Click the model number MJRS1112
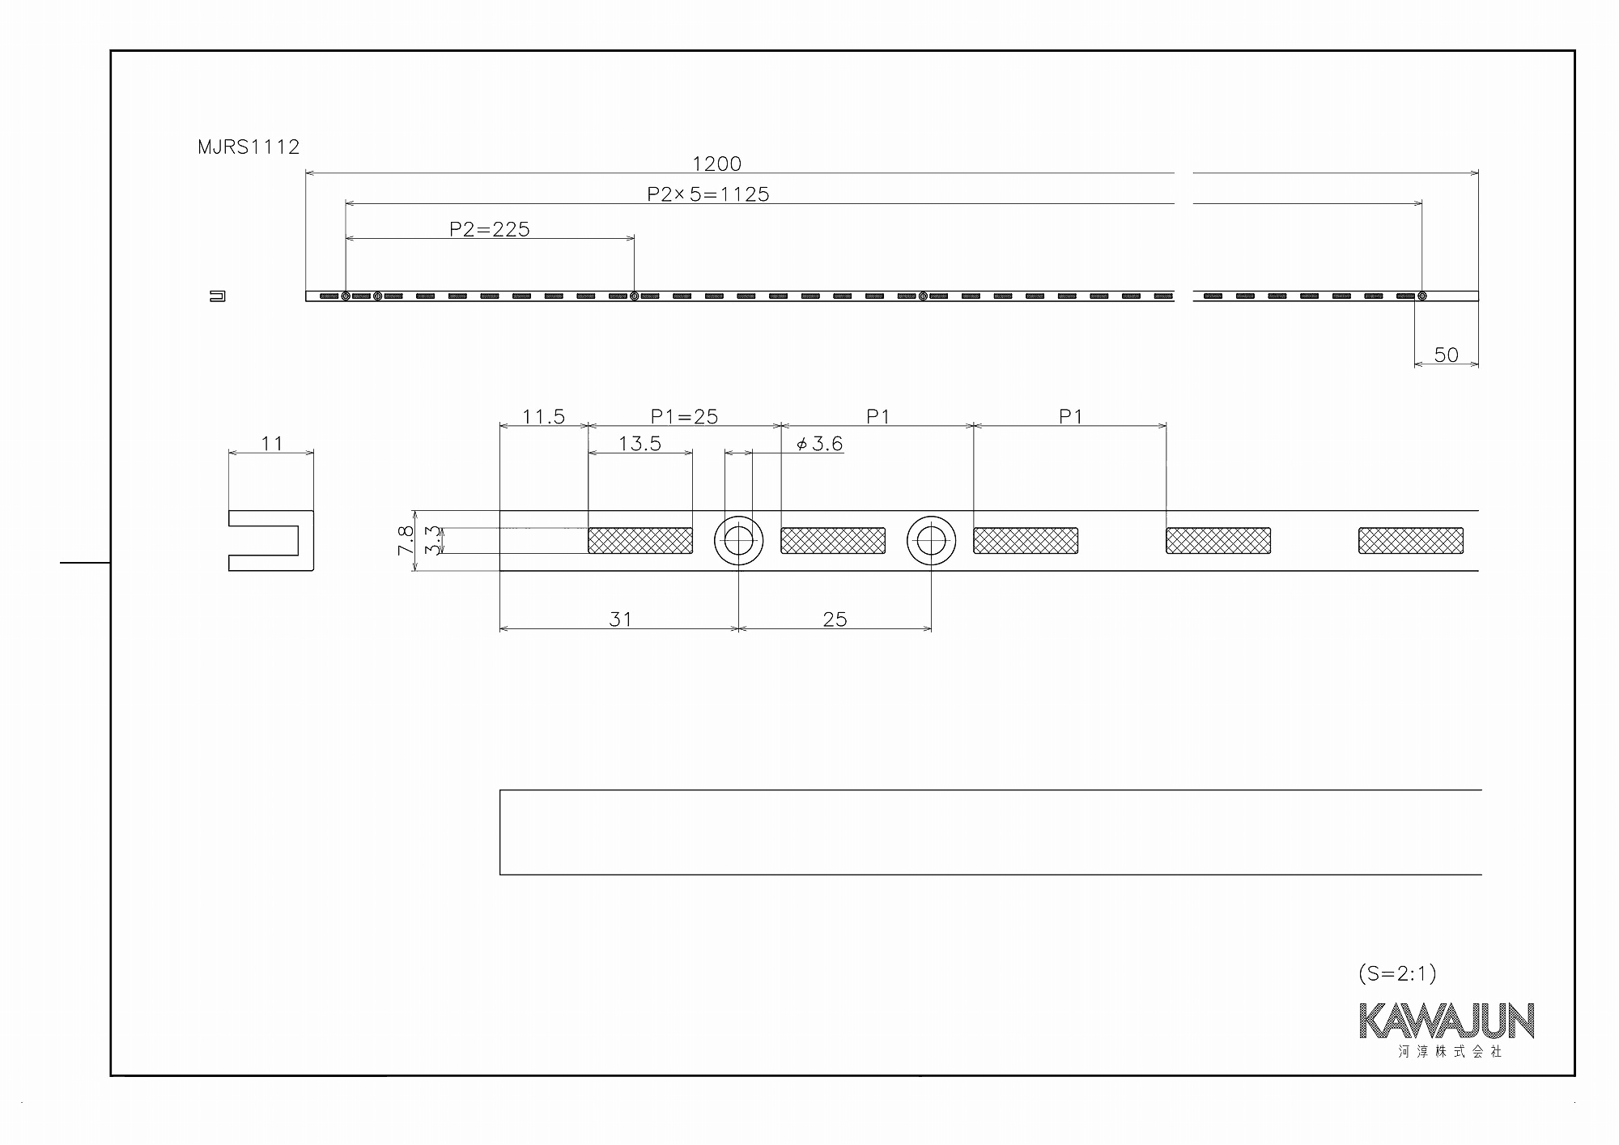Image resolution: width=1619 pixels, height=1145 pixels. (x=249, y=147)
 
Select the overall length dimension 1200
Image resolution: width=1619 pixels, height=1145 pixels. (x=717, y=164)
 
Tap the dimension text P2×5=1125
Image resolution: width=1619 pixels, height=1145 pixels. (x=708, y=194)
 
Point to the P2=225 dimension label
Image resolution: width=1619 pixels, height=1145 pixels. (x=490, y=229)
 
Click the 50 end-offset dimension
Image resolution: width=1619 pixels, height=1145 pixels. (x=1446, y=355)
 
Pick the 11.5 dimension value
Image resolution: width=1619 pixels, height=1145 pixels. (x=543, y=416)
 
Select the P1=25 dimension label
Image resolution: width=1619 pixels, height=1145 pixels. (x=684, y=416)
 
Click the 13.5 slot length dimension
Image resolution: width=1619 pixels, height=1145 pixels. (x=640, y=444)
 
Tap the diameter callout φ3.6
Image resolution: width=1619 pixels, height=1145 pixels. (x=819, y=444)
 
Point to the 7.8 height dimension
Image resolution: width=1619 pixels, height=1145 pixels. (x=406, y=540)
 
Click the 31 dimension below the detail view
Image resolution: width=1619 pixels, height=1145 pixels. (x=620, y=619)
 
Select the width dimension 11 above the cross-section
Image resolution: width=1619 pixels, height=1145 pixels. (x=271, y=444)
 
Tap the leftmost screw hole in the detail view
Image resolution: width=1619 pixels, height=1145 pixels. (x=738, y=541)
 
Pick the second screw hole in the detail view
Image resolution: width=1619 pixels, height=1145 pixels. (x=931, y=541)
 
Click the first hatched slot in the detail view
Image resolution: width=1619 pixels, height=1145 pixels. (x=640, y=541)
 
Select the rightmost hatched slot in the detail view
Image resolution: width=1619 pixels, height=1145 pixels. (x=1411, y=541)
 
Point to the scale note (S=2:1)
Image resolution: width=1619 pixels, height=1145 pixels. (x=1397, y=973)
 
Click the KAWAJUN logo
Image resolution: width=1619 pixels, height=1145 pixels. (x=1447, y=1021)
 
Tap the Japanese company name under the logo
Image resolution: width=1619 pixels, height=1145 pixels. (x=1450, y=1052)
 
